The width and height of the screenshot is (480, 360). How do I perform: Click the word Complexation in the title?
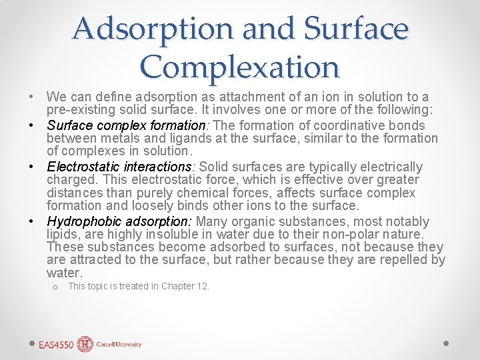240,66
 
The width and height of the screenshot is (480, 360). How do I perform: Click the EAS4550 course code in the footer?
57,345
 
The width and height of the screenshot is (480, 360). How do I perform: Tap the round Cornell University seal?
85,345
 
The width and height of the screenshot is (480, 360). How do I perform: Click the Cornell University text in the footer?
119,345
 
